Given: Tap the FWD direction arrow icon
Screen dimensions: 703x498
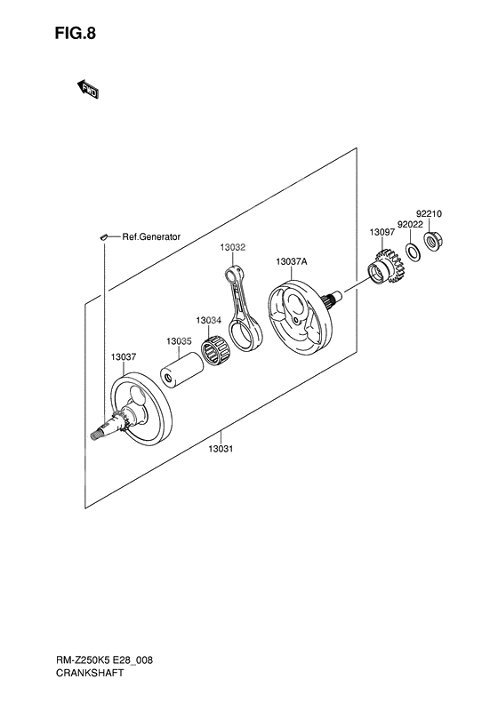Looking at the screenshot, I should point(89,88).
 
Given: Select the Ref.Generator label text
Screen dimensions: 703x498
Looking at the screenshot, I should point(151,236).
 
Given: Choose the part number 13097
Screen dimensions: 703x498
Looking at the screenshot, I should point(382,232).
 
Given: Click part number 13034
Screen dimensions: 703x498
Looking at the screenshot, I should point(209,319).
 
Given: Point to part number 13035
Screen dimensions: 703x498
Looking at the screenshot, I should point(178,340).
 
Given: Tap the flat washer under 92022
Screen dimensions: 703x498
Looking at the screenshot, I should point(413,252).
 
